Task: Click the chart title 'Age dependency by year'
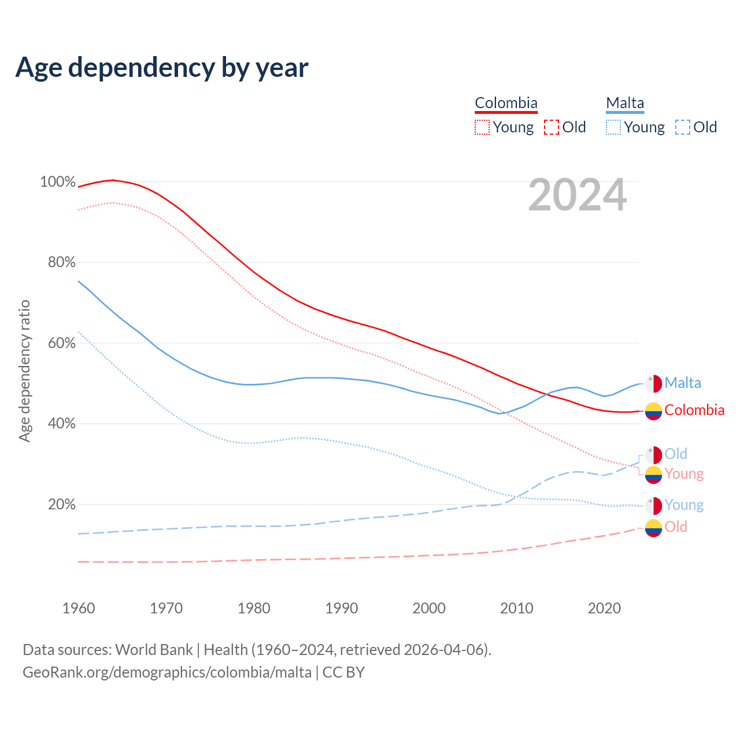point(162,68)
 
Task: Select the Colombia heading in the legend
point(506,103)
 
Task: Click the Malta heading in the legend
point(625,103)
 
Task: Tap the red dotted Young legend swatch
point(482,127)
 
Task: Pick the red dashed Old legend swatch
point(552,127)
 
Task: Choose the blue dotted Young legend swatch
point(613,127)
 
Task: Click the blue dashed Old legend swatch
point(683,127)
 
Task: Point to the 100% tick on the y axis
point(58,182)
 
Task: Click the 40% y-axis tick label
point(62,424)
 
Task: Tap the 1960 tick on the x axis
point(79,608)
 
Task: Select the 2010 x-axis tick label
point(516,608)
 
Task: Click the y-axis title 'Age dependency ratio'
point(24,371)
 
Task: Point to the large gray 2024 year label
point(578,195)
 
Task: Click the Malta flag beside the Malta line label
point(653,383)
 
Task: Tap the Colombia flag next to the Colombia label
point(653,410)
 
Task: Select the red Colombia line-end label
point(694,410)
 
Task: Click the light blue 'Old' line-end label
point(676,454)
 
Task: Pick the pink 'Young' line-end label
point(684,474)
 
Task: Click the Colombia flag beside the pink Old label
point(653,527)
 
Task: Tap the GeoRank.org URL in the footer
point(167,672)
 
